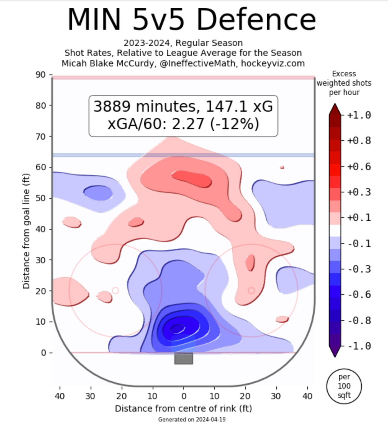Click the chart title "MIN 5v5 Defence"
(192, 19)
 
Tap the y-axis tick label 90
(40, 75)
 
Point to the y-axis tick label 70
(40, 137)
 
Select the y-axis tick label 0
(43, 353)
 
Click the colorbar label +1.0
(359, 115)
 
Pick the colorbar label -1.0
(359, 346)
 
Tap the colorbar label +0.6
(359, 167)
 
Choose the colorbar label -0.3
(359, 269)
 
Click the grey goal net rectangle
(183, 358)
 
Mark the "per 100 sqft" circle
(344, 386)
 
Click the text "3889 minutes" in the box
(145, 106)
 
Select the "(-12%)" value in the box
(234, 124)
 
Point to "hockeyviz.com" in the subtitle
(273, 64)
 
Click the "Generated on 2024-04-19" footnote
(192, 419)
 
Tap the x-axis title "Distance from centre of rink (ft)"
(183, 408)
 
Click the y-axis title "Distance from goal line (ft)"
(26, 231)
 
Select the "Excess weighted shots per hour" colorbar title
(344, 83)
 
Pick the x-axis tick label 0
(183, 396)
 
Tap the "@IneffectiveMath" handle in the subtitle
(199, 64)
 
